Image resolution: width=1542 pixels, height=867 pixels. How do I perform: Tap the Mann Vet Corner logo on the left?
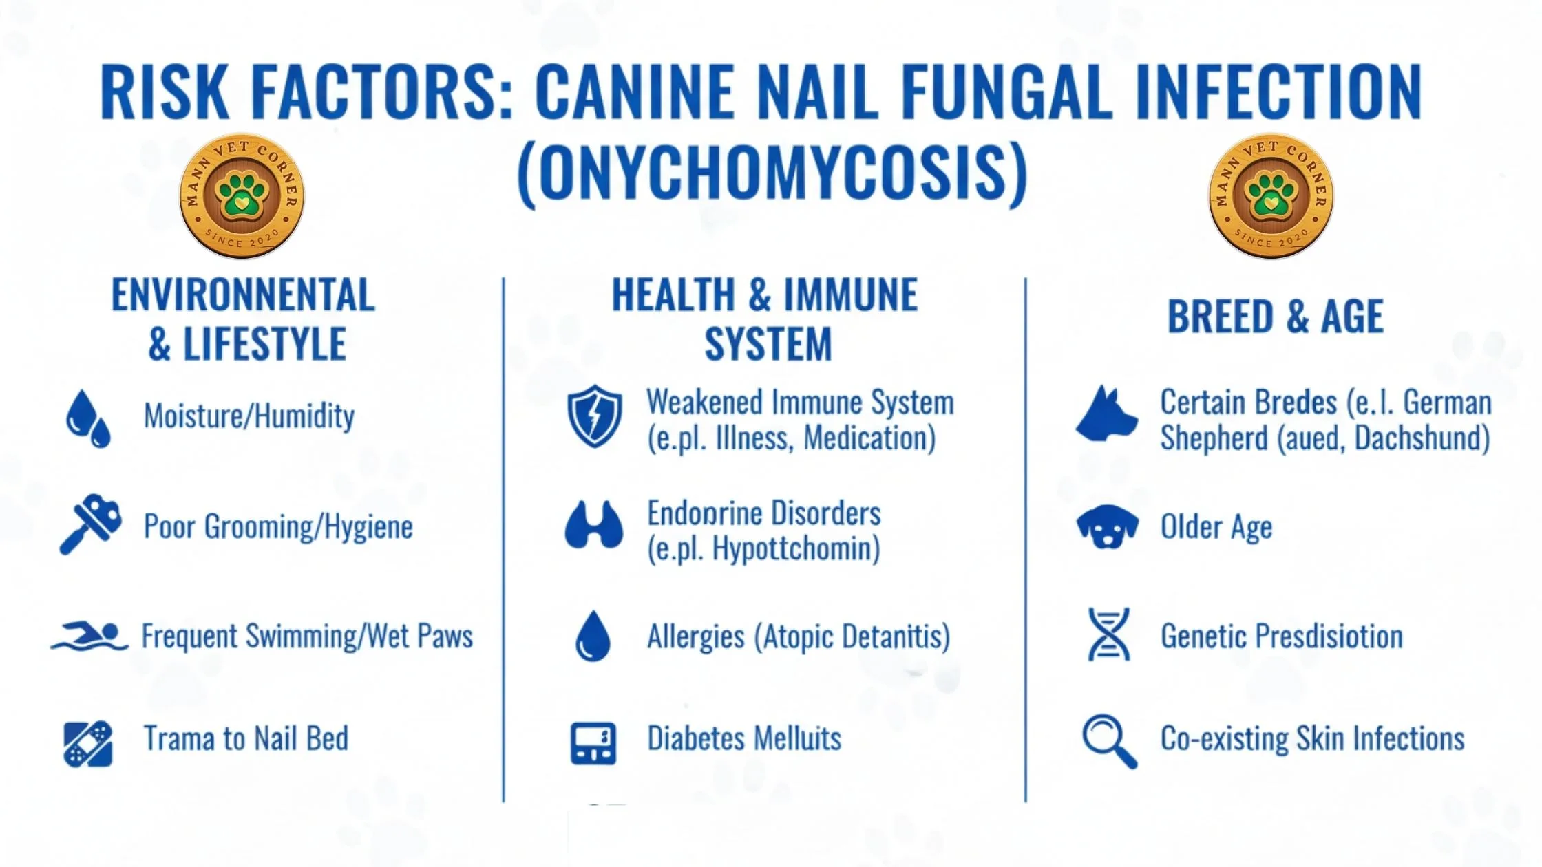pyautogui.click(x=242, y=196)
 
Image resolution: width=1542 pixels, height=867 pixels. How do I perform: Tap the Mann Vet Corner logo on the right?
pyautogui.click(x=1271, y=196)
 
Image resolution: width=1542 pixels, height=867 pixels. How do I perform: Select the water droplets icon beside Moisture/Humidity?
pyautogui.click(x=88, y=419)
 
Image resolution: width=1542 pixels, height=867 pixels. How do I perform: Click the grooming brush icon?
pyautogui.click(x=91, y=524)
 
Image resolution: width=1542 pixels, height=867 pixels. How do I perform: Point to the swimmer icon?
pyautogui.click(x=89, y=636)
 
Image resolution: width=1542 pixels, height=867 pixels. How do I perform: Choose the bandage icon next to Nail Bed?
pyautogui.click(x=87, y=744)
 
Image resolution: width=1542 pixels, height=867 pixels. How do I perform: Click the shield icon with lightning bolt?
pyautogui.click(x=595, y=416)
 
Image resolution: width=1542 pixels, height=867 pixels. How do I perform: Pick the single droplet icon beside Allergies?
pyautogui.click(x=593, y=636)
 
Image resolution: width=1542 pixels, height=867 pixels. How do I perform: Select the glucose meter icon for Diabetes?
pyautogui.click(x=593, y=743)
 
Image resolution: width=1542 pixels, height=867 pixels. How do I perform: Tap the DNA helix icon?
pyautogui.click(x=1109, y=634)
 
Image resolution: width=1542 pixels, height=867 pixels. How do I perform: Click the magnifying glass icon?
pyautogui.click(x=1110, y=742)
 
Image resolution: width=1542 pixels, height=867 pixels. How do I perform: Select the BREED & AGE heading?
pyautogui.click(x=1276, y=317)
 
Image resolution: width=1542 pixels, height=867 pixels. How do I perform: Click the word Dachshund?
pyautogui.click(x=1422, y=438)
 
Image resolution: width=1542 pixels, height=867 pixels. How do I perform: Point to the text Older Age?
pyautogui.click(x=1216, y=528)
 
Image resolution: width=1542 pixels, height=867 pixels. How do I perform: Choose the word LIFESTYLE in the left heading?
pyautogui.click(x=264, y=344)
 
